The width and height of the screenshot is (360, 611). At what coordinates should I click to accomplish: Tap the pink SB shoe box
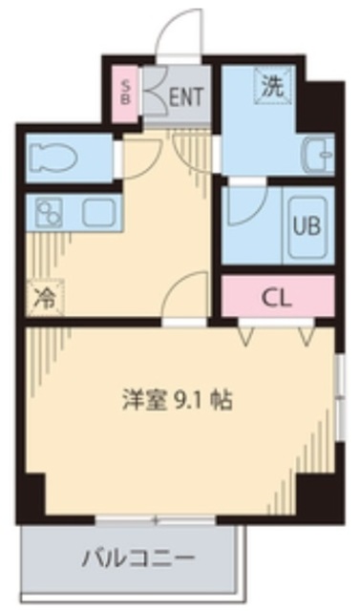tap(125, 93)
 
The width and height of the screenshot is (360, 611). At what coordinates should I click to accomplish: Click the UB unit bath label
tap(306, 227)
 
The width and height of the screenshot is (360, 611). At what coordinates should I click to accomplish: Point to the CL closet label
tap(276, 297)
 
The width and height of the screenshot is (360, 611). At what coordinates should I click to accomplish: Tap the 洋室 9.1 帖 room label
tap(177, 398)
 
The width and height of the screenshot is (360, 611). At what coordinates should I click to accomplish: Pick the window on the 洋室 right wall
tap(339, 396)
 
